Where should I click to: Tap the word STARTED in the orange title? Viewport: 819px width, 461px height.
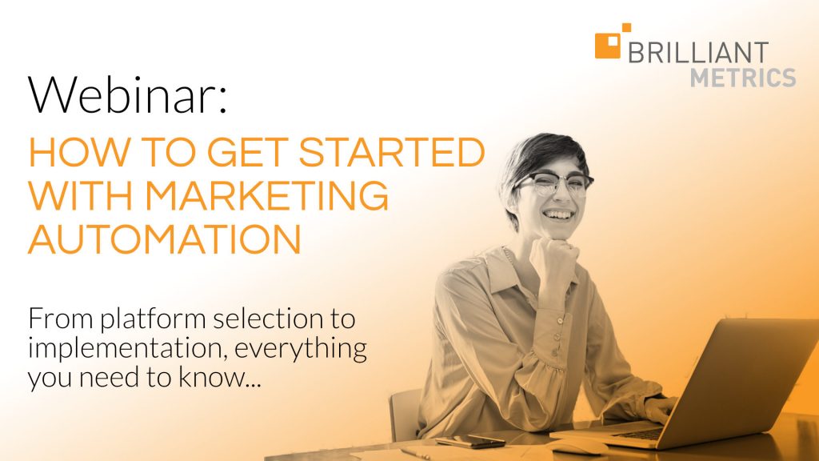coord(392,152)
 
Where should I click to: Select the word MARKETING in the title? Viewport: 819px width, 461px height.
coord(266,195)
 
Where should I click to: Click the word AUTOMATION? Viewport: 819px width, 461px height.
coord(165,239)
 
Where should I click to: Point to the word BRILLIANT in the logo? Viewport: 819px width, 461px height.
coord(697,53)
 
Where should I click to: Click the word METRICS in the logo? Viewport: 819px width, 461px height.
coord(743,78)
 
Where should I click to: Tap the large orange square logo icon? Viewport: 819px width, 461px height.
coord(608,46)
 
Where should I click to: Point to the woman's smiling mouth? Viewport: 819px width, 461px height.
coord(558,214)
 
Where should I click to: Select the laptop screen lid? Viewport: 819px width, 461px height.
coord(748,375)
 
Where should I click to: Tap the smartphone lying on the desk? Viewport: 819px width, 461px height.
coord(470,442)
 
